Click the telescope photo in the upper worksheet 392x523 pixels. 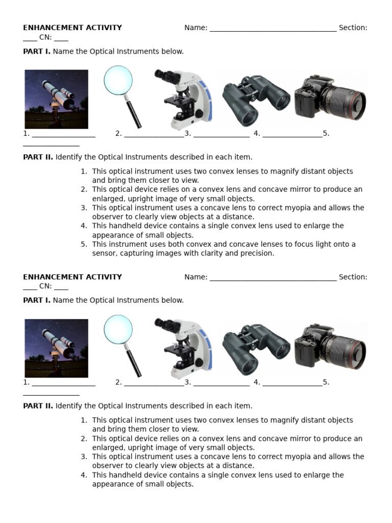(x=56, y=99)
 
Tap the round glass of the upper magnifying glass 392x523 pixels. (x=118, y=81)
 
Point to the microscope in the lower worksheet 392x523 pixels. (x=184, y=347)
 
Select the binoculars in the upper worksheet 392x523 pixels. (x=256, y=99)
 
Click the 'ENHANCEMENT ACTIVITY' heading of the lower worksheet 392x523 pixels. (x=72, y=277)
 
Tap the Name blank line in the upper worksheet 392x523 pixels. (x=273, y=29)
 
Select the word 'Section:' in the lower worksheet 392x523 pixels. (x=353, y=277)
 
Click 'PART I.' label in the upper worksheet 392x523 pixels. (x=37, y=52)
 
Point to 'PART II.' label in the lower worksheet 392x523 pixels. (x=38, y=406)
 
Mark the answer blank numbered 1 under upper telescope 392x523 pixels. (x=63, y=135)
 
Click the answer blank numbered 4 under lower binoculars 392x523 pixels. (x=292, y=383)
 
